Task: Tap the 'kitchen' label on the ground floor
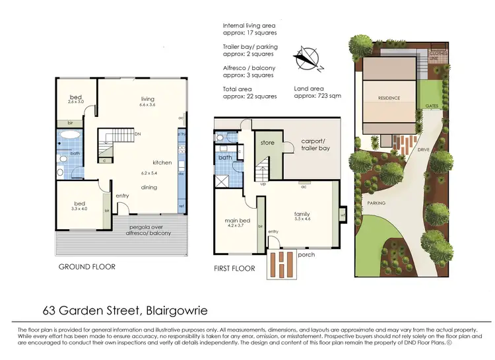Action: tap(162, 162)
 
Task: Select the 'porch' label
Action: tap(307, 254)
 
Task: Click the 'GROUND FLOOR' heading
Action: tap(87, 268)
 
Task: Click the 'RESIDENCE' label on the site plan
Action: tap(389, 98)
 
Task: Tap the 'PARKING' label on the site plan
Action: tap(377, 203)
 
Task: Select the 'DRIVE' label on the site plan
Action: tap(424, 150)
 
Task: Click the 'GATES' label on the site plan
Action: tap(432, 106)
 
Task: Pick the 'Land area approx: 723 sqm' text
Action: tap(320, 92)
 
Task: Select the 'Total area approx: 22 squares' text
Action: tap(249, 92)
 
